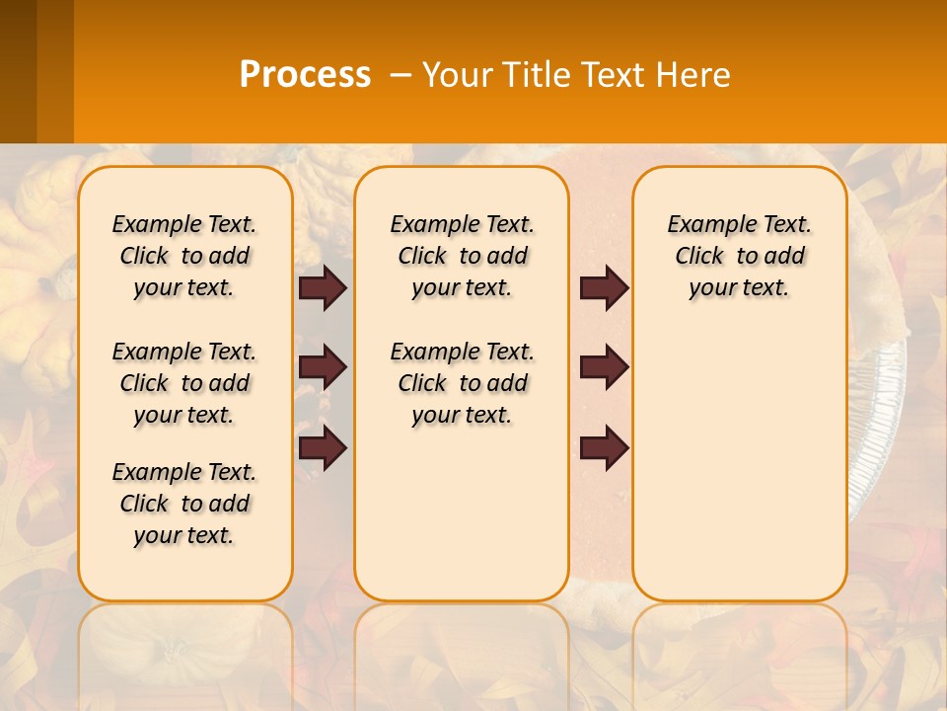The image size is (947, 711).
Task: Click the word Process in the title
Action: pyautogui.click(x=305, y=75)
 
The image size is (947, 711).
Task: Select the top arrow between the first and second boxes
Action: pyautogui.click(x=323, y=287)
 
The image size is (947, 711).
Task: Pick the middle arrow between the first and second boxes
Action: pyautogui.click(x=323, y=367)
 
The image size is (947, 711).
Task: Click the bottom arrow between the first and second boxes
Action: pyautogui.click(x=323, y=448)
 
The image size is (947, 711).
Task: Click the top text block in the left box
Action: pyautogui.click(x=184, y=256)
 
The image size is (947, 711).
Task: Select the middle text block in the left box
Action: pyautogui.click(x=184, y=383)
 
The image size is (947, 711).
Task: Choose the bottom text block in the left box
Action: pyautogui.click(x=184, y=504)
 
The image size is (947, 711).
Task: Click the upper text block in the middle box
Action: pyautogui.click(x=463, y=256)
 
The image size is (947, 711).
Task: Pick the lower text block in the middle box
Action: pyautogui.click(x=463, y=383)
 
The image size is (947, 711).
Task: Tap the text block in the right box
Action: pyautogui.click(x=740, y=256)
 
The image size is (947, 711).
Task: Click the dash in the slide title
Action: pyautogui.click(x=401, y=75)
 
